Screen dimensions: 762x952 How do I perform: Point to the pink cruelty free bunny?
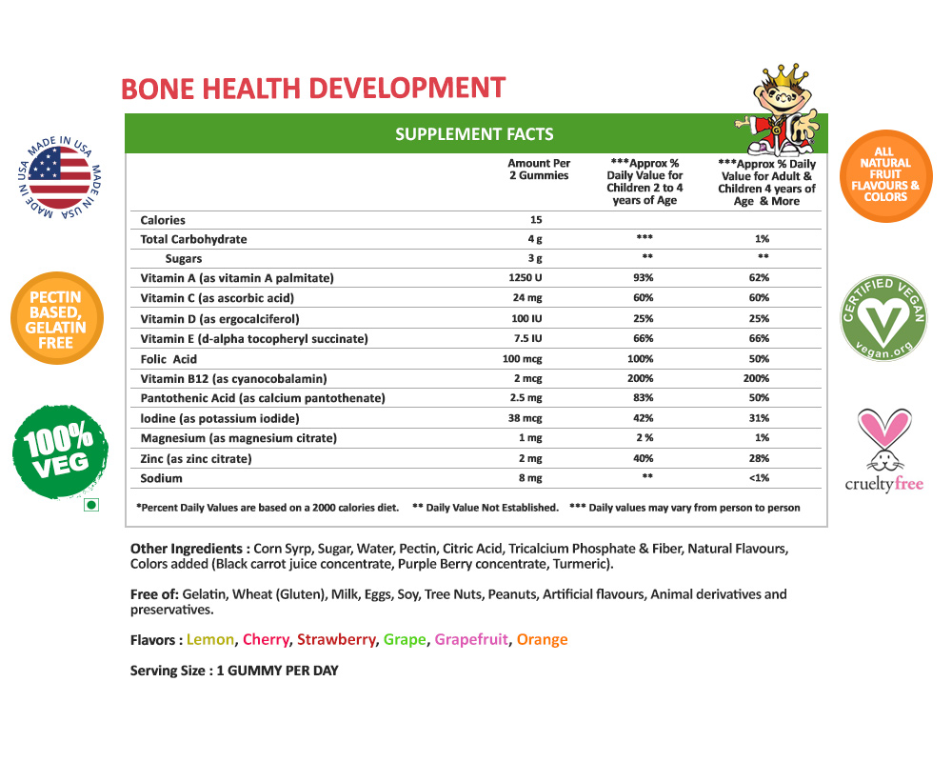tap(883, 440)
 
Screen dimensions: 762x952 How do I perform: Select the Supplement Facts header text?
tap(474, 134)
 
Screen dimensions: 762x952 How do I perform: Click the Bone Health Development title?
tap(313, 89)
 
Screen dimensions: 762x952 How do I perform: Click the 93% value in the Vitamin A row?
tap(645, 278)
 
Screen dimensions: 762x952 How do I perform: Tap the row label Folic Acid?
tap(169, 358)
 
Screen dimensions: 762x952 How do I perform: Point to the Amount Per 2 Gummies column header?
tap(538, 170)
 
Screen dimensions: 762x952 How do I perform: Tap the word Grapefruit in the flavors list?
tap(471, 640)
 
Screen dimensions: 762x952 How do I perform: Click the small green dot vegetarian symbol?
tap(91, 506)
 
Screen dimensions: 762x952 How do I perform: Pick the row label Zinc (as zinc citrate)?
tap(196, 458)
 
